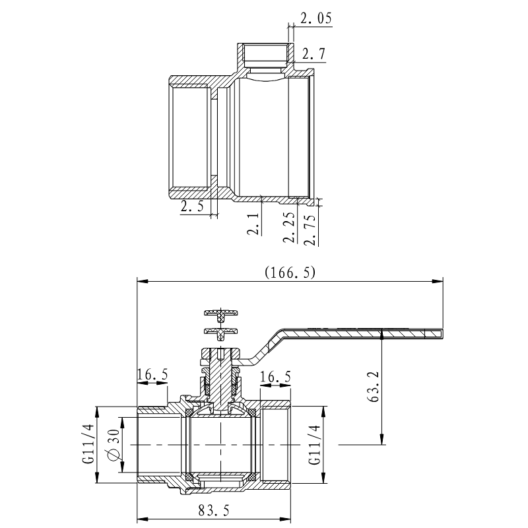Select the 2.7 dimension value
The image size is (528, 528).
(313, 54)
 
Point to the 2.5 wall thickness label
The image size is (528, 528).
(192, 207)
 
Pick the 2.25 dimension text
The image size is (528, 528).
(288, 226)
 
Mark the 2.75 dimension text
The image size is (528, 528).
(310, 226)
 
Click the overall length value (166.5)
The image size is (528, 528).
(290, 272)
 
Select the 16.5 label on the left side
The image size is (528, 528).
(152, 376)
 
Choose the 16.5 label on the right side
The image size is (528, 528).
(276, 377)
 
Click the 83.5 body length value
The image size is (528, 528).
(213, 510)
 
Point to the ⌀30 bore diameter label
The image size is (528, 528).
(111, 445)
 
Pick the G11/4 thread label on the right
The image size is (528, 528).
(314, 445)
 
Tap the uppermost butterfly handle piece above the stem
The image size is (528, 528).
(220, 313)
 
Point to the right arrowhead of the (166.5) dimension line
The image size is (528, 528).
(438, 280)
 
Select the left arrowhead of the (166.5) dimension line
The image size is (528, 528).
(141, 280)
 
